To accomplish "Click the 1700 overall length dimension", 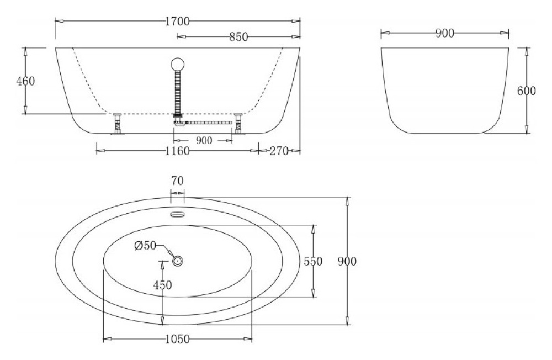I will (177, 22).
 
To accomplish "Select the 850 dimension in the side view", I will (238, 37).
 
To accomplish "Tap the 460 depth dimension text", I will (25, 81).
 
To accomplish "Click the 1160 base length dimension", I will (177, 151).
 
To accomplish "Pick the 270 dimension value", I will (280, 151).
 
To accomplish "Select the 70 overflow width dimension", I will (177, 181).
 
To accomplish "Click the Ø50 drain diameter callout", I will (146, 246).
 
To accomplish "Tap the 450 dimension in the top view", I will (162, 285).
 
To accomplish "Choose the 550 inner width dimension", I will (313, 262).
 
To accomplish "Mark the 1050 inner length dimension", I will (177, 339).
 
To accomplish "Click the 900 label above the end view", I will (444, 34).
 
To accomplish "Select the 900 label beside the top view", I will (347, 262).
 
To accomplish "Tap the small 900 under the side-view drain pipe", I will (204, 141).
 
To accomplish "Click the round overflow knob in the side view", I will (178, 64).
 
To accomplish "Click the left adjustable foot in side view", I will (117, 124).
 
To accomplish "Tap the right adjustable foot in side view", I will (238, 124).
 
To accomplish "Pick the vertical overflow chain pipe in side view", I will (178, 91).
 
